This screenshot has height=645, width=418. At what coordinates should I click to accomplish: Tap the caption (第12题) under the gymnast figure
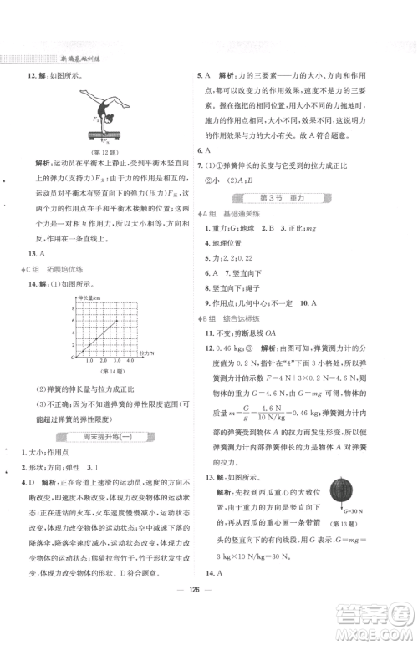pos(108,151)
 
